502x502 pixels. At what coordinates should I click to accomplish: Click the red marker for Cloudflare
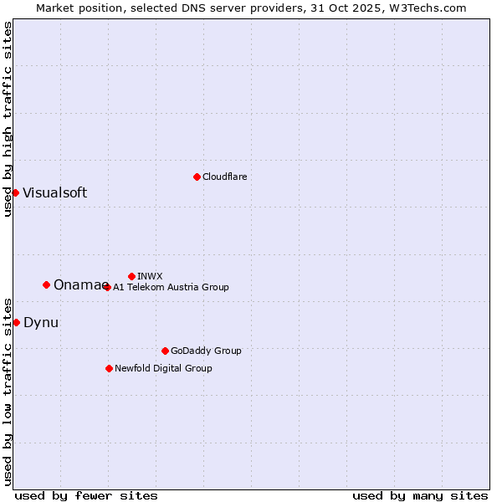(x=197, y=177)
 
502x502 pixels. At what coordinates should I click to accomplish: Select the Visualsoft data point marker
(x=15, y=192)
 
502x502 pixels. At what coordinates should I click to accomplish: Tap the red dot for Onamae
(x=46, y=284)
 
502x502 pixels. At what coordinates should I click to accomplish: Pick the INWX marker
(x=131, y=276)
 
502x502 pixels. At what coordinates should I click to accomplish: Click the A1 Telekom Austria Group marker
(x=107, y=287)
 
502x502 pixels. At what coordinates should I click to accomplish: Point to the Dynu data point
(x=16, y=322)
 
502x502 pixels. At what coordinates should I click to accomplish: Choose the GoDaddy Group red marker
(x=165, y=351)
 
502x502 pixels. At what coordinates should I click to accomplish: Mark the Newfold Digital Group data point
(x=109, y=368)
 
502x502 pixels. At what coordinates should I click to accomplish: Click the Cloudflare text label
(x=224, y=177)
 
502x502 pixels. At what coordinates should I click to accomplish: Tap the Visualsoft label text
(x=54, y=192)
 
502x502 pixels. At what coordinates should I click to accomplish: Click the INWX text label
(x=150, y=276)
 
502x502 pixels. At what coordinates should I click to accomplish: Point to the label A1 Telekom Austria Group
(x=171, y=287)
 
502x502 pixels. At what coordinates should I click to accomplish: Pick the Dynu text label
(x=41, y=322)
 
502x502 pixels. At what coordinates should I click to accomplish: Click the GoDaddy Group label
(x=206, y=351)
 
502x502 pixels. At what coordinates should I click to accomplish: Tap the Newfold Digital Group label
(x=163, y=368)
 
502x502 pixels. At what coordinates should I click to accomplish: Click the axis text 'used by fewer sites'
(x=86, y=495)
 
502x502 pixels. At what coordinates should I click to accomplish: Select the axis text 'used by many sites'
(x=420, y=495)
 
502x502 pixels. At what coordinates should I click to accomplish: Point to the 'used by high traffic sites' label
(x=8, y=119)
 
